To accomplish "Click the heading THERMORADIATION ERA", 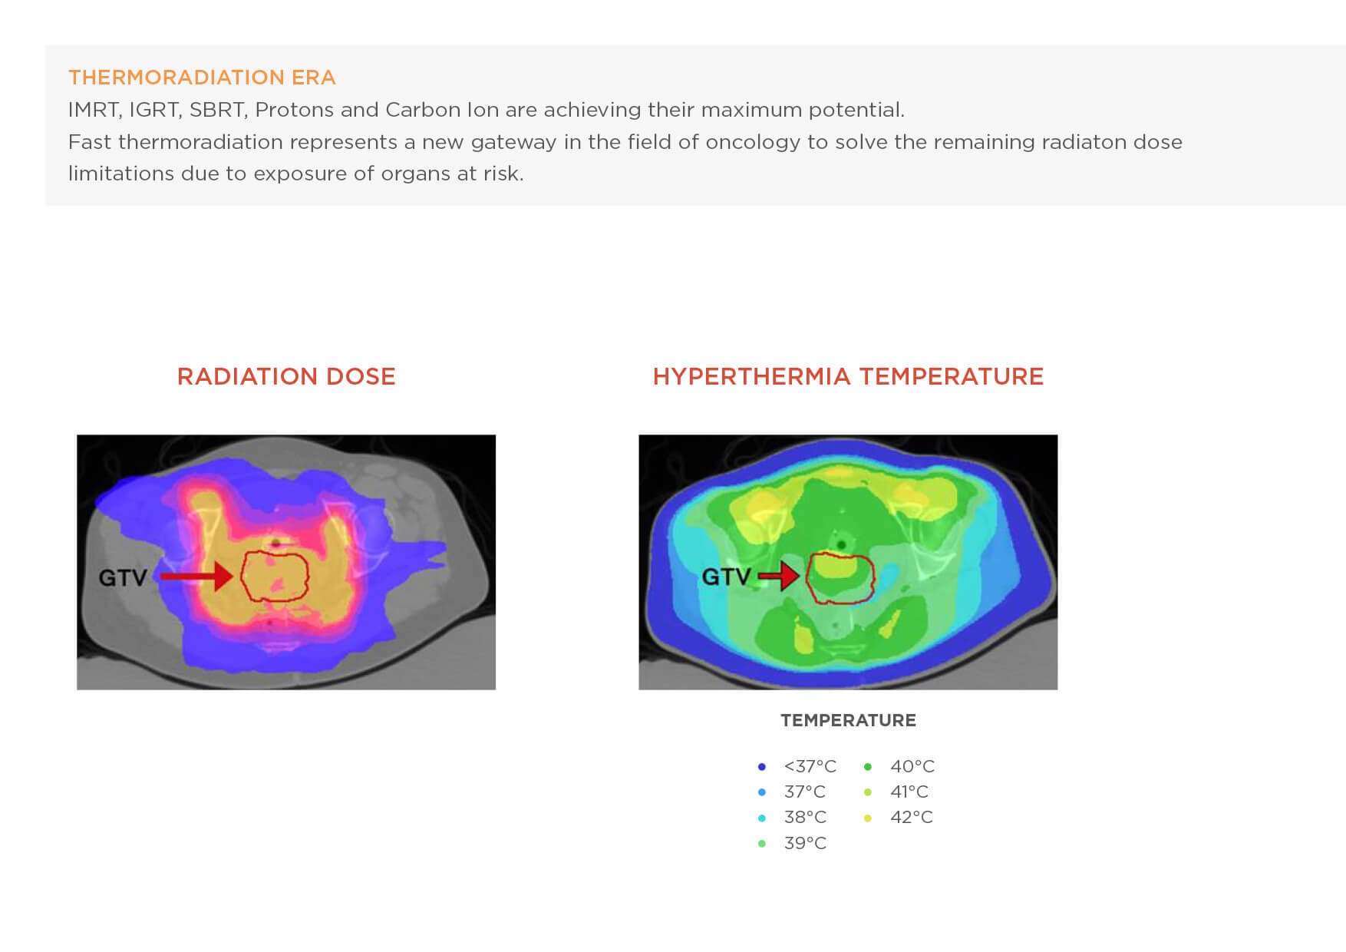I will point(202,78).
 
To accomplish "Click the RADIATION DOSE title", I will point(286,376).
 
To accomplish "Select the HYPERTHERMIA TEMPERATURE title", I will point(848,376).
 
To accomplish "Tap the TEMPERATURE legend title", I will point(848,720).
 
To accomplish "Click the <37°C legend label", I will point(810,766).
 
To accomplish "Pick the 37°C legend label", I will point(804,792).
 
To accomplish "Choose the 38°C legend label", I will point(805,817).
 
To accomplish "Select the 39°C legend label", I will point(805,843).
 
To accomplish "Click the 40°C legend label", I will point(912,766).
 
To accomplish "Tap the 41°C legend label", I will point(909,792).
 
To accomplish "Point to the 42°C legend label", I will point(911,817).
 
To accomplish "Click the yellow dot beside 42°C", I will point(868,818).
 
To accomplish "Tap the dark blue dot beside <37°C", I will point(761,767).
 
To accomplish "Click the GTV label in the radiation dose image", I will point(123,577).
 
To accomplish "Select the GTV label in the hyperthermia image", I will point(726,576).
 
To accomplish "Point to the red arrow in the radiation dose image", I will point(198,576).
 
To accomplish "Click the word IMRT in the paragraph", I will point(94,110).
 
